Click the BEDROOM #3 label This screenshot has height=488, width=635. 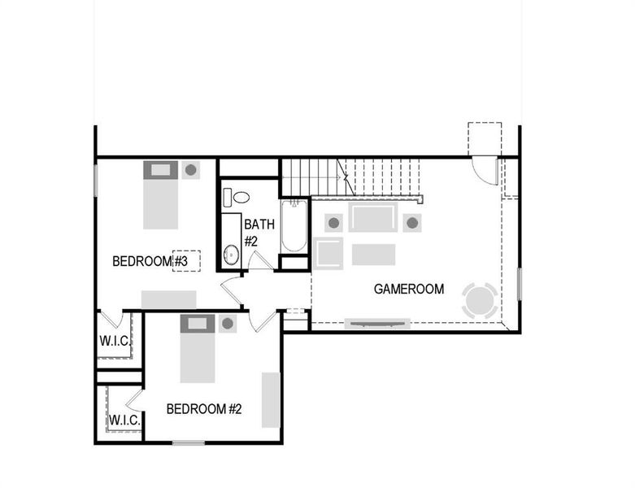pyautogui.click(x=150, y=261)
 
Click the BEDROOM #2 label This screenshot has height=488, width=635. pyautogui.click(x=204, y=408)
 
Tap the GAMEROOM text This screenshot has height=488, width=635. pyautogui.click(x=408, y=289)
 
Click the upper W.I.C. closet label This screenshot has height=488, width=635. pyautogui.click(x=115, y=340)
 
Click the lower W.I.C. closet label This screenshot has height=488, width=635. pyautogui.click(x=124, y=420)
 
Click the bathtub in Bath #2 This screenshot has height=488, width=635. pyautogui.click(x=294, y=227)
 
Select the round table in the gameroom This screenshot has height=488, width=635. pyautogui.click(x=479, y=300)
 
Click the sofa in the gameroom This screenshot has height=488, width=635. pyautogui.click(x=373, y=217)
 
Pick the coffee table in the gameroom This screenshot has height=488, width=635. pyautogui.click(x=373, y=255)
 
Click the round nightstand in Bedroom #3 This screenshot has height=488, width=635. pyautogui.click(x=191, y=170)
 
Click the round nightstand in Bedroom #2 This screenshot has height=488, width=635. pyautogui.click(x=228, y=324)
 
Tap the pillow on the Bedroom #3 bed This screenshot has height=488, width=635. pyautogui.click(x=160, y=170)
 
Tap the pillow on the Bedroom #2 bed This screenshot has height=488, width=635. pyautogui.click(x=197, y=324)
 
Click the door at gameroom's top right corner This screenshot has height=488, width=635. pyautogui.click(x=485, y=169)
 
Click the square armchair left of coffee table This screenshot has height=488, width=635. pyautogui.click(x=329, y=253)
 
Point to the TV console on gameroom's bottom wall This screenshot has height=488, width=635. pyautogui.click(x=376, y=324)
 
